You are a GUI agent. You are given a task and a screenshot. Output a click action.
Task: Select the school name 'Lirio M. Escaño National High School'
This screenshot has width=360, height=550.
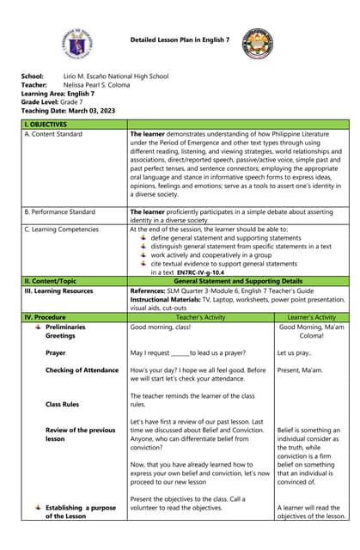(x=116, y=76)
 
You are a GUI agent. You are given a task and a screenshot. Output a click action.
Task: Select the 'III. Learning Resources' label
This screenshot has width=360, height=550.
(x=58, y=290)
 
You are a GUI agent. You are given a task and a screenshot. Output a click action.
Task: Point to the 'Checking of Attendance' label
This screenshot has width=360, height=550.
(x=82, y=370)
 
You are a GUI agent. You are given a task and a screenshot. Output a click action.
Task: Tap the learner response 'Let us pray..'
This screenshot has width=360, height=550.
(x=296, y=352)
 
